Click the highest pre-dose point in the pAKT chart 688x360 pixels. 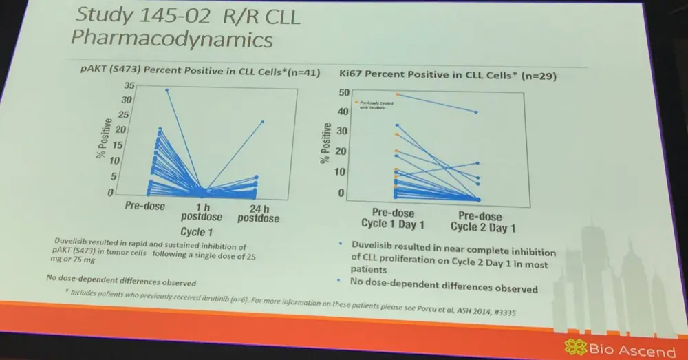coord(166,90)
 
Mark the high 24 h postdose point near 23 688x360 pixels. coord(263,122)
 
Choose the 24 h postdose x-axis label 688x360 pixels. coord(257,213)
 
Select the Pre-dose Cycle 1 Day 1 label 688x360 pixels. coord(392,219)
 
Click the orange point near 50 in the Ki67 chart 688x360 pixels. coord(397,94)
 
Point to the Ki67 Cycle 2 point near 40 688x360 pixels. coord(476,112)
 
